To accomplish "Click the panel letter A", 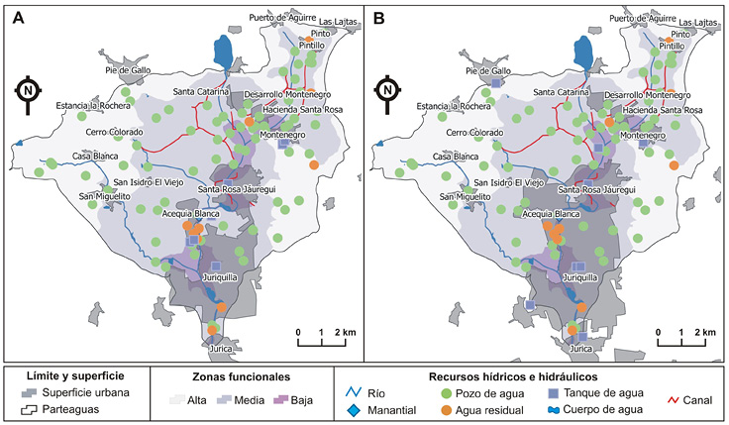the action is coord(18,18).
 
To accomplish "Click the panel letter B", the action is coord(379,18).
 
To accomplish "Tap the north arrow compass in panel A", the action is coord(28,93).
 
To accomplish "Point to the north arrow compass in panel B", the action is coord(387,93).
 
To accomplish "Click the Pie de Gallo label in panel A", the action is coord(128,70).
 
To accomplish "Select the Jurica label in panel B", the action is coord(581,349).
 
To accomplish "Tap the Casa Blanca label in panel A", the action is coord(95,157).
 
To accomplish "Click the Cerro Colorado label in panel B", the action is coord(474,133).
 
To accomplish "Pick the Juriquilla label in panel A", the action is coord(220,277).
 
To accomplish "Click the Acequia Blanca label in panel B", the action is coord(551,214).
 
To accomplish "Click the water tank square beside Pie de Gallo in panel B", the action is coord(496,83).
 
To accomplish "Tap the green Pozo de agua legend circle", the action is coord(446,394).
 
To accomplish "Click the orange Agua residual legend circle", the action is coord(446,410).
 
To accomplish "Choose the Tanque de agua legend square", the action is coord(553,393).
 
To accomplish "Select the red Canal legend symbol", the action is coord(674,400).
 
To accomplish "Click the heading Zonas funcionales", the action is coord(242,376).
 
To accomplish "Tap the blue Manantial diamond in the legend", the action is coord(354,410).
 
